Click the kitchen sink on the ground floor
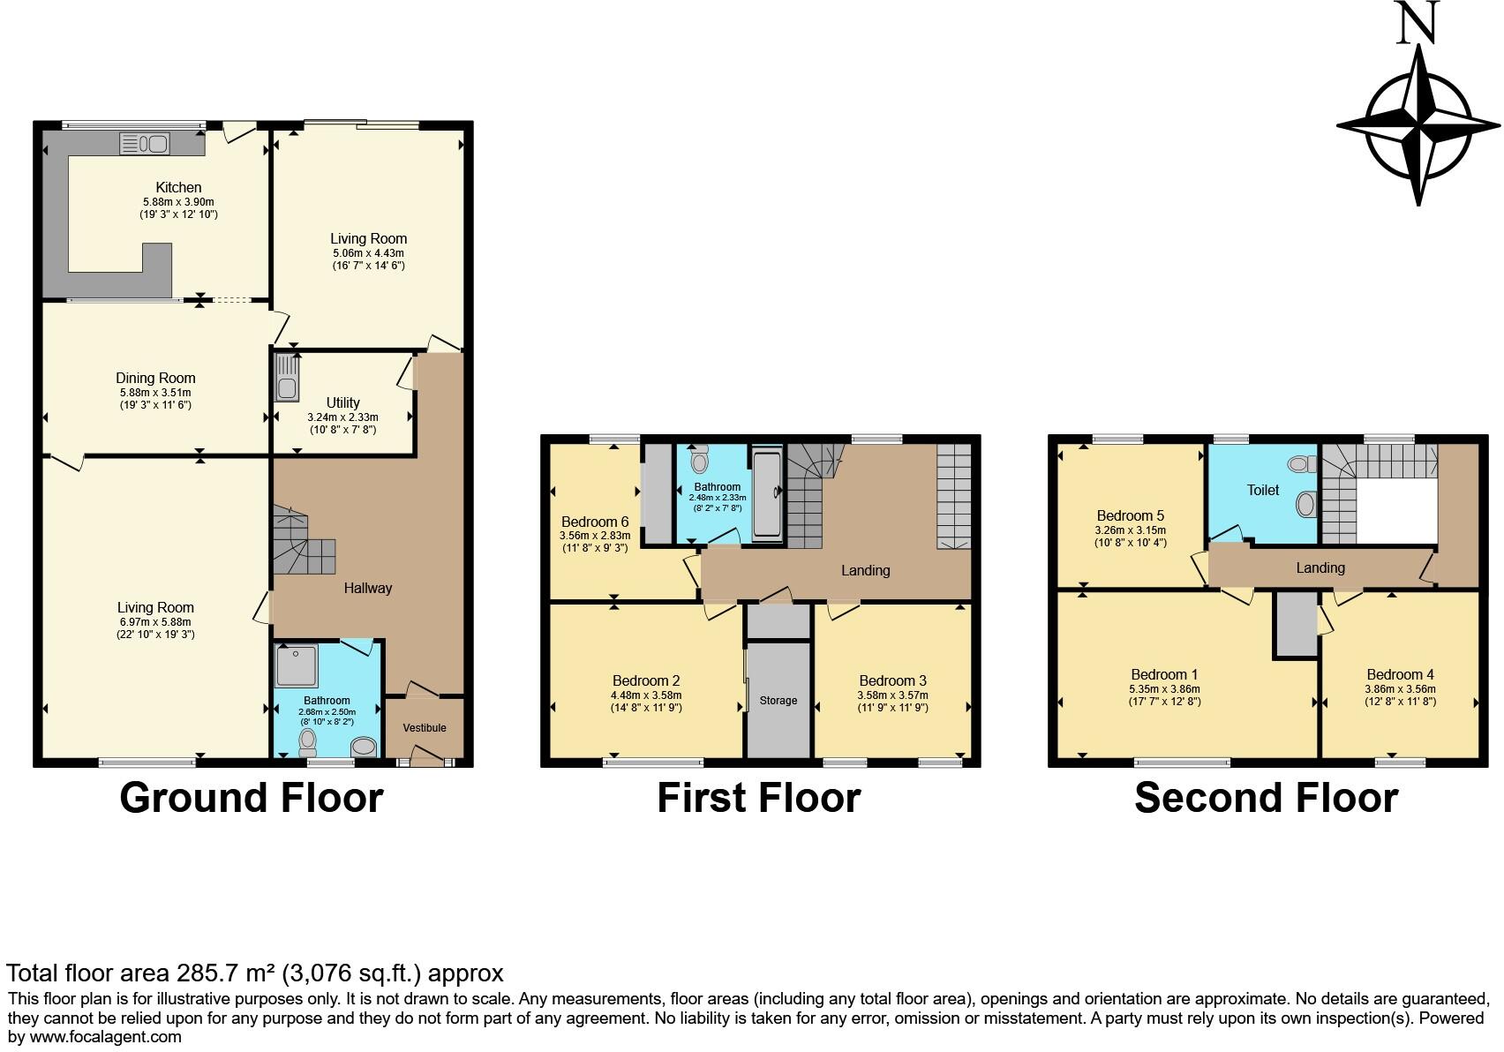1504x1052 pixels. click(x=144, y=143)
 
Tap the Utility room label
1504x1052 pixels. click(x=342, y=402)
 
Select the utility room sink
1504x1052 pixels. click(x=287, y=378)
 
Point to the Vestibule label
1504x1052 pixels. click(x=425, y=728)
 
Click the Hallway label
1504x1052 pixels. click(x=367, y=588)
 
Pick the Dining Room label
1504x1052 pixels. click(x=155, y=378)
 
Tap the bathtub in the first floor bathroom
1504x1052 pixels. click(x=767, y=493)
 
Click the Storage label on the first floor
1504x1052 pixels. click(x=778, y=701)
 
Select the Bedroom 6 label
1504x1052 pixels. click(x=594, y=522)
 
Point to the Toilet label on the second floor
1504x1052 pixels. click(x=1262, y=490)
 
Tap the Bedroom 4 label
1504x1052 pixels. click(x=1400, y=674)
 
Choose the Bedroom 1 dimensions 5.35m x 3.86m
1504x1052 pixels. click(x=1164, y=689)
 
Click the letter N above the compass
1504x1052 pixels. click(x=1418, y=23)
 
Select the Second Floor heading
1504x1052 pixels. click(x=1266, y=798)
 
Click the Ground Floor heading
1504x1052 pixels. click(x=252, y=798)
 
